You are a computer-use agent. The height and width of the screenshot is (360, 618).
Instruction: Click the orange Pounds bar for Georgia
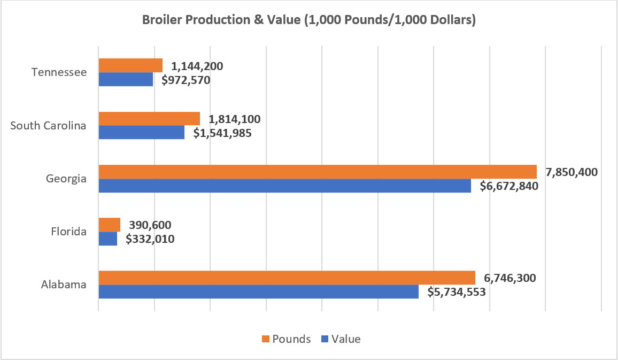point(318,172)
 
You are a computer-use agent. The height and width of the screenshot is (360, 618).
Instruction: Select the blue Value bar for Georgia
point(285,186)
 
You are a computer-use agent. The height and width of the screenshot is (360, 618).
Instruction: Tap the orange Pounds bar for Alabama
point(287,278)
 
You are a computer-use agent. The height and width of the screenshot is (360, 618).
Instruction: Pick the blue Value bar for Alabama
point(259,292)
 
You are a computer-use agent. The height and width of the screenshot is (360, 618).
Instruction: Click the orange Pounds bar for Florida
point(110,225)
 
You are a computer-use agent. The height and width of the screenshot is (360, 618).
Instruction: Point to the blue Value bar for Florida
point(108,239)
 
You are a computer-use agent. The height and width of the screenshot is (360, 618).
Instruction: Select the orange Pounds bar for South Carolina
point(149,119)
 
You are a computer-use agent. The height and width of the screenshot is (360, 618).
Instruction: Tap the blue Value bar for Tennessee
point(126,80)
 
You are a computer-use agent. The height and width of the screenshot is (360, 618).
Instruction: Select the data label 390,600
point(148,225)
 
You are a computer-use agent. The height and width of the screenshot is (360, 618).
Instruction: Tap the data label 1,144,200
point(197,66)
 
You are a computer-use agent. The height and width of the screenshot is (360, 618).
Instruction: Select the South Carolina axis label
point(49,125)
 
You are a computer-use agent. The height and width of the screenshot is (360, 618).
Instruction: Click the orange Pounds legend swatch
point(264,339)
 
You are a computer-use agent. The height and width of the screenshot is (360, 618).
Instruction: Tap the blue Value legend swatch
point(323,339)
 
